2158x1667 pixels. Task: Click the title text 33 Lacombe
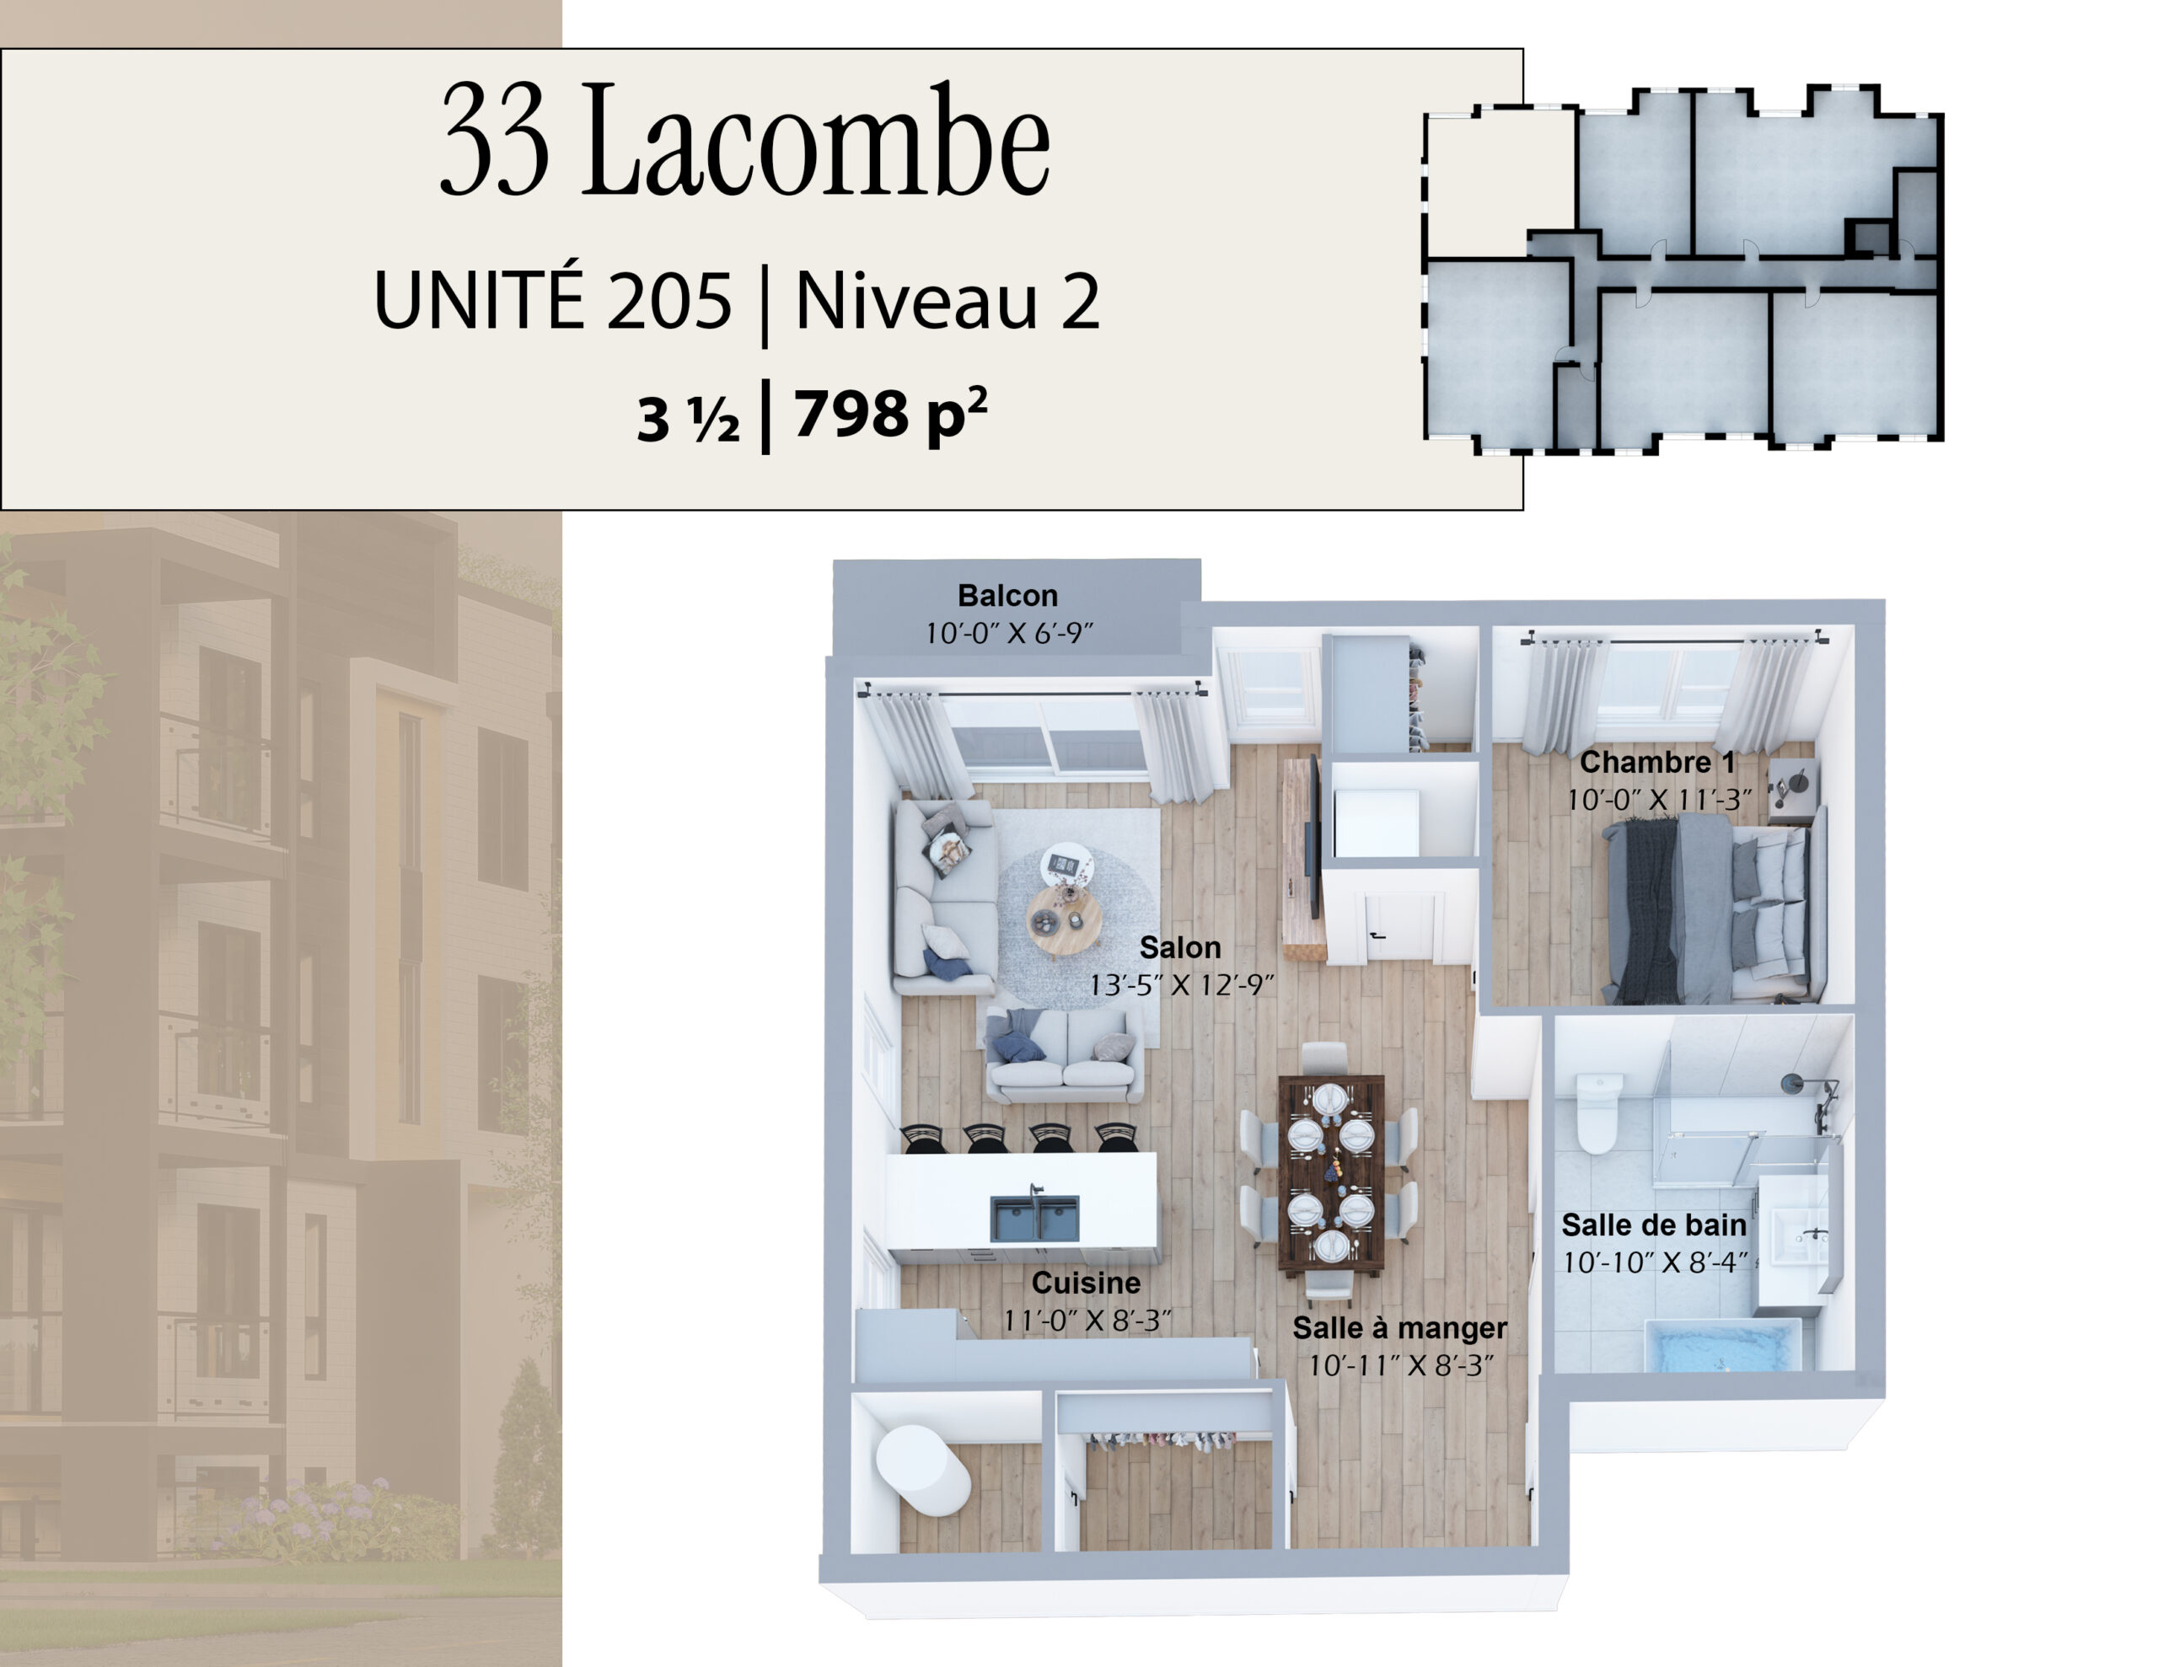point(745,139)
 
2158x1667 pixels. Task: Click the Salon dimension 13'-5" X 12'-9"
point(1181,985)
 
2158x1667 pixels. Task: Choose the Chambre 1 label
point(1657,762)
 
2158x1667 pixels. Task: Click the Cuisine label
point(1086,1283)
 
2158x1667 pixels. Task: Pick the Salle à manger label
point(1399,1328)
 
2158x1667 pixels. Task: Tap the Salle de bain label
point(1654,1225)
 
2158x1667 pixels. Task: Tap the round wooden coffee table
point(1062,920)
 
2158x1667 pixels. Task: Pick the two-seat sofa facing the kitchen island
point(1063,1055)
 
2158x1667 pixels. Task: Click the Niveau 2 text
point(947,300)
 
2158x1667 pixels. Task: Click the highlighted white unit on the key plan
point(1498,183)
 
